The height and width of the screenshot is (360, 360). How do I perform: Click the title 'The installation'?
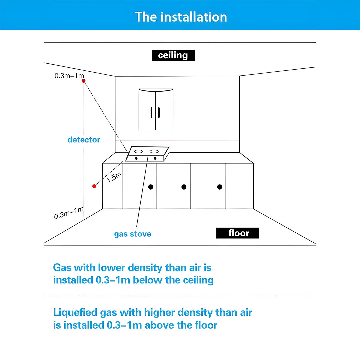point(181,17)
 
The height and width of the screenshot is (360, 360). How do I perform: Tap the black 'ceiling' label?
point(173,55)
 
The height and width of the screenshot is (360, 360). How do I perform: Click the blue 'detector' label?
point(84,140)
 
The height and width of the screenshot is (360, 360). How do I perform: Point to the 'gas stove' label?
point(133,234)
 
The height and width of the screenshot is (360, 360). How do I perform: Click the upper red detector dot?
point(84,81)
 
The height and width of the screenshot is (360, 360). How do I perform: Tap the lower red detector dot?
point(94,186)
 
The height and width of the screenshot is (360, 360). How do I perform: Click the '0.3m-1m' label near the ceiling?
point(69,76)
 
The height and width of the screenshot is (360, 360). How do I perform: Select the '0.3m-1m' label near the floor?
point(69,213)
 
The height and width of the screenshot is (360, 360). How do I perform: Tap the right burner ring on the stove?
point(154,152)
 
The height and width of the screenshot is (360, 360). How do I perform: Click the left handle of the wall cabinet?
point(152,113)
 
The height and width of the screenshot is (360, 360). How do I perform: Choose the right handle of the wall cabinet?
point(159,113)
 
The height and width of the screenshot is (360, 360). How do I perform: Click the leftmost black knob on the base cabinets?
point(150,187)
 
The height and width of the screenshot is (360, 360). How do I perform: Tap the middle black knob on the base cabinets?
point(184,187)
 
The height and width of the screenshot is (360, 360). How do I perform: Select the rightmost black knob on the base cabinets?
point(219,187)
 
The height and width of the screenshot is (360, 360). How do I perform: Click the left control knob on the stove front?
point(136,158)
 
